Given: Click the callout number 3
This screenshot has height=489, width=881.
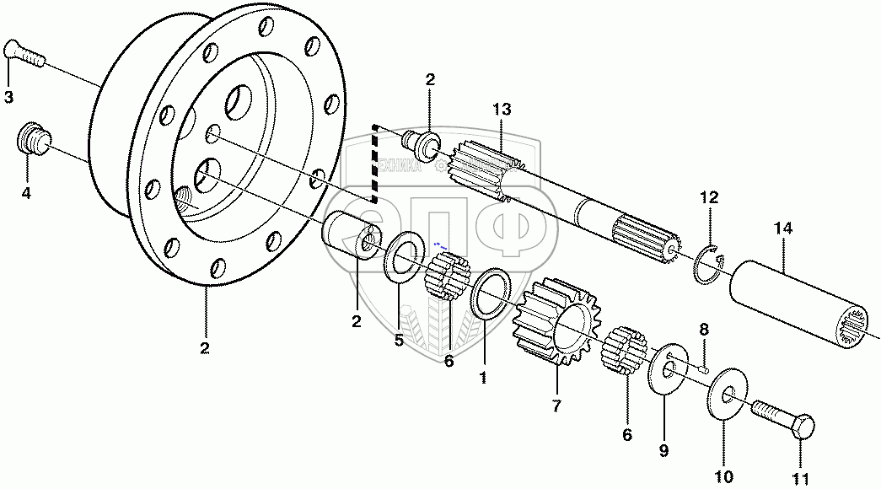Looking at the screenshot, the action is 8,98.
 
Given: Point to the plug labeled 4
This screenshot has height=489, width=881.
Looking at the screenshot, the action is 34,137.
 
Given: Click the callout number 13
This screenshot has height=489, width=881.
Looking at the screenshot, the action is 502,110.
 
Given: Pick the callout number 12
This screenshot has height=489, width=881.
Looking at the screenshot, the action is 709,198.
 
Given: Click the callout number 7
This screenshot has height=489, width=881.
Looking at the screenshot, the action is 556,406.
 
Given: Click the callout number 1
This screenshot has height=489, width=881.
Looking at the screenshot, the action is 483,378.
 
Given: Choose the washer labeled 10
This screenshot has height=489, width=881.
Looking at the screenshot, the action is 725,395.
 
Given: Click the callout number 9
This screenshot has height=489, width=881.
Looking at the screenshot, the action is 663,451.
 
